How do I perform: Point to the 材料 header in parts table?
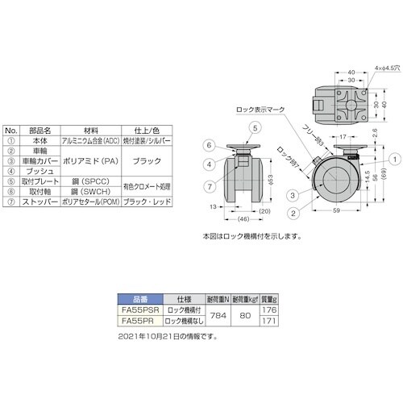click(91, 128)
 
